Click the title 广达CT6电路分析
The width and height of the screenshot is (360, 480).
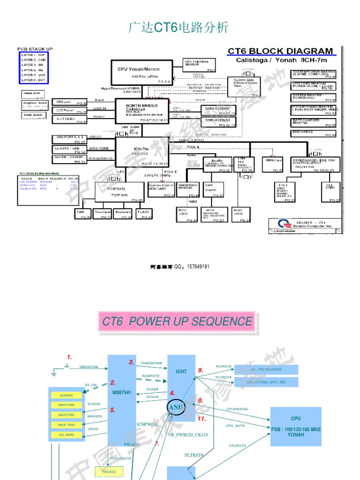[x=179, y=28]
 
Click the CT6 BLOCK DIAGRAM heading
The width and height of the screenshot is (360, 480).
[x=280, y=52]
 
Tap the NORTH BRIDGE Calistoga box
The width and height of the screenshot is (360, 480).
[x=142, y=111]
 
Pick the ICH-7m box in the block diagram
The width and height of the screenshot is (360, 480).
[x=142, y=151]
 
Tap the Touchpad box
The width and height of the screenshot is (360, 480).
[x=103, y=214]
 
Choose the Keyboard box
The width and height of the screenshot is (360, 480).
[x=123, y=214]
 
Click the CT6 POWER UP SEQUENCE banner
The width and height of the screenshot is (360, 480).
[x=177, y=322]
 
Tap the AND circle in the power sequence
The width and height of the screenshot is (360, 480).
[x=176, y=406]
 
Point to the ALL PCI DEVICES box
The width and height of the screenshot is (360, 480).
[x=266, y=369]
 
